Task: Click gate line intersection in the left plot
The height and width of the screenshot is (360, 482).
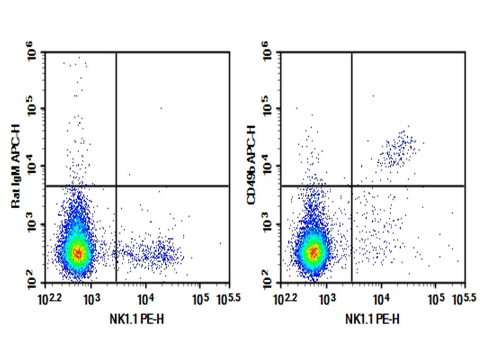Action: (x=116, y=186)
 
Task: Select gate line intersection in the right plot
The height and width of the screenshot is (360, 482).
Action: (x=351, y=186)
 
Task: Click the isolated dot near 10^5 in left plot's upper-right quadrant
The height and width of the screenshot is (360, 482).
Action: (x=161, y=108)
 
